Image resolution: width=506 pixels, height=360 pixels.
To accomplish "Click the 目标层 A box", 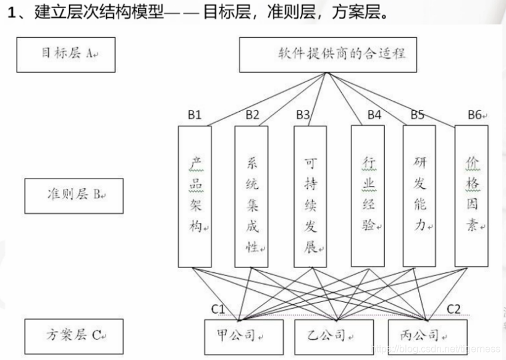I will click(x=66, y=54).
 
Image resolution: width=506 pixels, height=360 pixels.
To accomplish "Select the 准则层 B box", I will click(x=74, y=196).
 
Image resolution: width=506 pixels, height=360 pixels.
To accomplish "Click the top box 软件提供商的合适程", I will click(x=327, y=54).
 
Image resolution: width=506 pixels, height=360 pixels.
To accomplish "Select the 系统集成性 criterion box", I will click(x=251, y=196).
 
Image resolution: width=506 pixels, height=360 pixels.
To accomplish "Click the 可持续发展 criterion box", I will click(x=310, y=196).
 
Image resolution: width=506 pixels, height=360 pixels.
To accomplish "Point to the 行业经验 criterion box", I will click(x=367, y=196).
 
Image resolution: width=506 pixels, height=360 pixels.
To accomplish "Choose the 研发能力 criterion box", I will click(x=419, y=196).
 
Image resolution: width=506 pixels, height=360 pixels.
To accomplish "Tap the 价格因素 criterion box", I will click(x=471, y=196).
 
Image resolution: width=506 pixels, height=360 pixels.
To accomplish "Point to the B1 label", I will click(x=195, y=114).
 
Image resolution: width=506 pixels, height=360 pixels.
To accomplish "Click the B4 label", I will click(x=374, y=114).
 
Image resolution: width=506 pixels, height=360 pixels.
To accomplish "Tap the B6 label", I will click(x=475, y=114).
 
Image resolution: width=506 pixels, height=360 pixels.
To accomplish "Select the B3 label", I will click(x=303, y=114).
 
